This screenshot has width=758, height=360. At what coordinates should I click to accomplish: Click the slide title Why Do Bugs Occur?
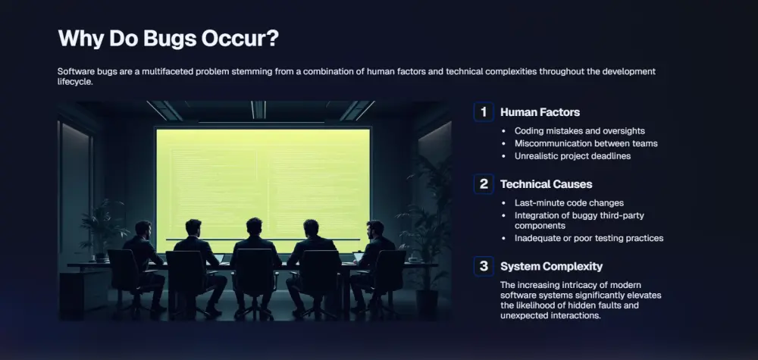coord(168,39)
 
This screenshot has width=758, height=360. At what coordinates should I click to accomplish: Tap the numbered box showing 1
coord(484,112)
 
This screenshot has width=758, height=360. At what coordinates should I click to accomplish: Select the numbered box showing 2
coord(484,184)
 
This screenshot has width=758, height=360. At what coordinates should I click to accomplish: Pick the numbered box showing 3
coord(484,266)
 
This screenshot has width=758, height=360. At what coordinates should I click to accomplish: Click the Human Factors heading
coord(540,112)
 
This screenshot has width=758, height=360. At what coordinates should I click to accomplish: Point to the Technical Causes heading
coord(547,184)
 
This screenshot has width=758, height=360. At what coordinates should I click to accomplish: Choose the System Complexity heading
coord(552,266)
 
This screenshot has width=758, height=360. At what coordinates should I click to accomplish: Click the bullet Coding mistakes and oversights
coord(580,131)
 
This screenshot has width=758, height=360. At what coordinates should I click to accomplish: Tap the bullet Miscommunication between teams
coord(586,143)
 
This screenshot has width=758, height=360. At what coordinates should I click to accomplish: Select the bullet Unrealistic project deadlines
coord(572,156)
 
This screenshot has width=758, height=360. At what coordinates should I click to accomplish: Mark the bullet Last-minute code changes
coord(569,203)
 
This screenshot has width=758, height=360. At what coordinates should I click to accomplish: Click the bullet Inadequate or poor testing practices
coord(589,238)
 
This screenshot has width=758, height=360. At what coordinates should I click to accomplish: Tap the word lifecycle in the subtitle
coord(74,82)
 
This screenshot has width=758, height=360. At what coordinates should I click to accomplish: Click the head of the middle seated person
coord(254,227)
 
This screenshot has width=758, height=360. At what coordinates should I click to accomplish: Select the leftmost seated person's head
coord(143,229)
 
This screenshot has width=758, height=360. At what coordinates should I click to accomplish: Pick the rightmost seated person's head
coord(374,229)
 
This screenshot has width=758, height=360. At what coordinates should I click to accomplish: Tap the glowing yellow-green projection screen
coord(263,189)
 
